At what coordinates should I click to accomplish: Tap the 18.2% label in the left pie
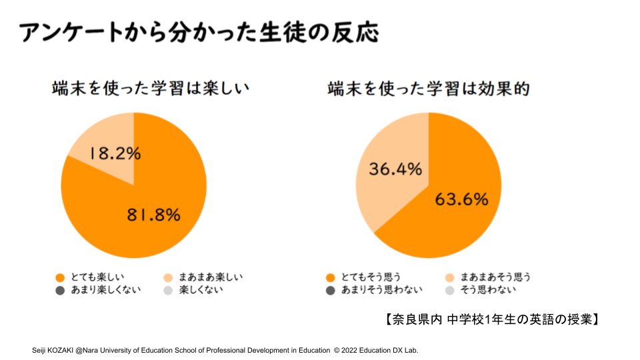coord(115,153)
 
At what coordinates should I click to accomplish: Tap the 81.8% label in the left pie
coord(154,215)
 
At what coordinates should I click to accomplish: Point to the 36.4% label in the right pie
coord(395,169)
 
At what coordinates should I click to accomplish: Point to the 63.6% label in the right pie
coord(461,199)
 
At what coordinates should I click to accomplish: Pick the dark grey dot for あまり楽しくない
coord(60,290)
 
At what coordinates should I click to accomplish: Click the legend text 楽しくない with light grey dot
coord(201,290)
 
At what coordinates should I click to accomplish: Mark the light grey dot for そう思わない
coord(449,290)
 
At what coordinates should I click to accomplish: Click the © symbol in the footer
coord(337,350)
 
